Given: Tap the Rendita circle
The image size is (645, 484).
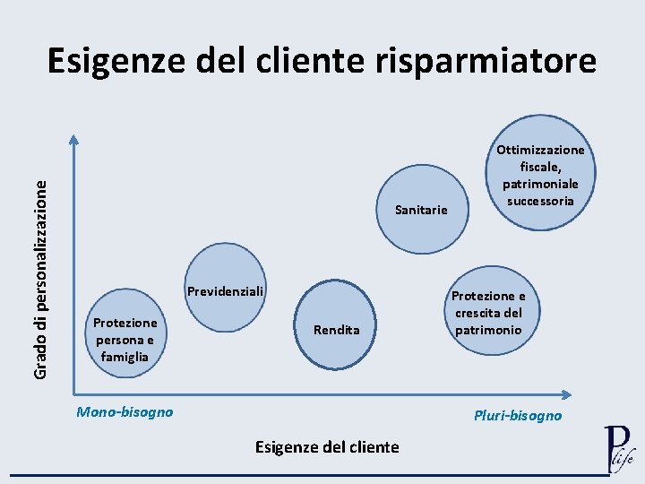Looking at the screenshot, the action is pos(337,328).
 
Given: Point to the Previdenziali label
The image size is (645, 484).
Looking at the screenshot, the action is pos(226,291).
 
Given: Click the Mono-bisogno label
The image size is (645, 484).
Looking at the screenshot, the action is pos(125,412).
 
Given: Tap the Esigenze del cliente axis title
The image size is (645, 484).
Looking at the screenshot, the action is pos(327,446).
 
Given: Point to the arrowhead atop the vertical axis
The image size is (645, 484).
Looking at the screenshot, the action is pos(74,140).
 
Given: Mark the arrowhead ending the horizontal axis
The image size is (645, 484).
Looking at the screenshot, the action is pos(566,394).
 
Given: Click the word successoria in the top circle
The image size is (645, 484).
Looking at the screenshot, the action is pos(540,201).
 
